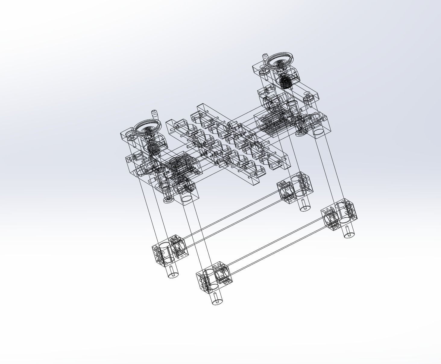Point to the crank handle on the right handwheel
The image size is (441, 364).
[265, 57]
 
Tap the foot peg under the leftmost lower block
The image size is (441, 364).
[173, 272]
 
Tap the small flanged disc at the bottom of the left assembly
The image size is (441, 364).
[168, 200]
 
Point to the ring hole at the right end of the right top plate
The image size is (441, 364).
[308, 98]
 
